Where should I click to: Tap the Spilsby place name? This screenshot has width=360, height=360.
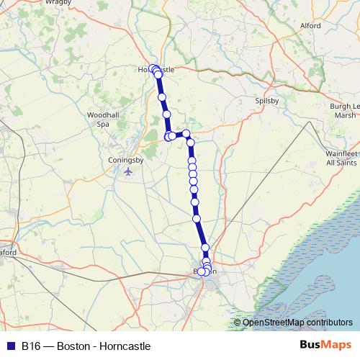click(266, 102)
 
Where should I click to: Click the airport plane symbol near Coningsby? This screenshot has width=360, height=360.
click(128, 171)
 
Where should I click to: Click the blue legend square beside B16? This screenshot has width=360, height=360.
click(10, 346)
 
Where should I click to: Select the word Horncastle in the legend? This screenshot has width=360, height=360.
click(126, 346)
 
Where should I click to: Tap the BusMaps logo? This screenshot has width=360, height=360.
click(326, 346)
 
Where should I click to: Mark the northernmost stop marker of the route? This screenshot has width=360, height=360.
click(152, 68)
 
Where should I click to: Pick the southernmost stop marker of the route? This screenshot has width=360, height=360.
click(203, 272)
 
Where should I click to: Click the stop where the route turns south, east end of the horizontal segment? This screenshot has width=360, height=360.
click(186, 133)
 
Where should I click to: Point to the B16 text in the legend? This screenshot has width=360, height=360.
click(30, 346)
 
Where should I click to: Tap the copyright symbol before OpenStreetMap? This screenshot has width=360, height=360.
click(238, 323)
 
